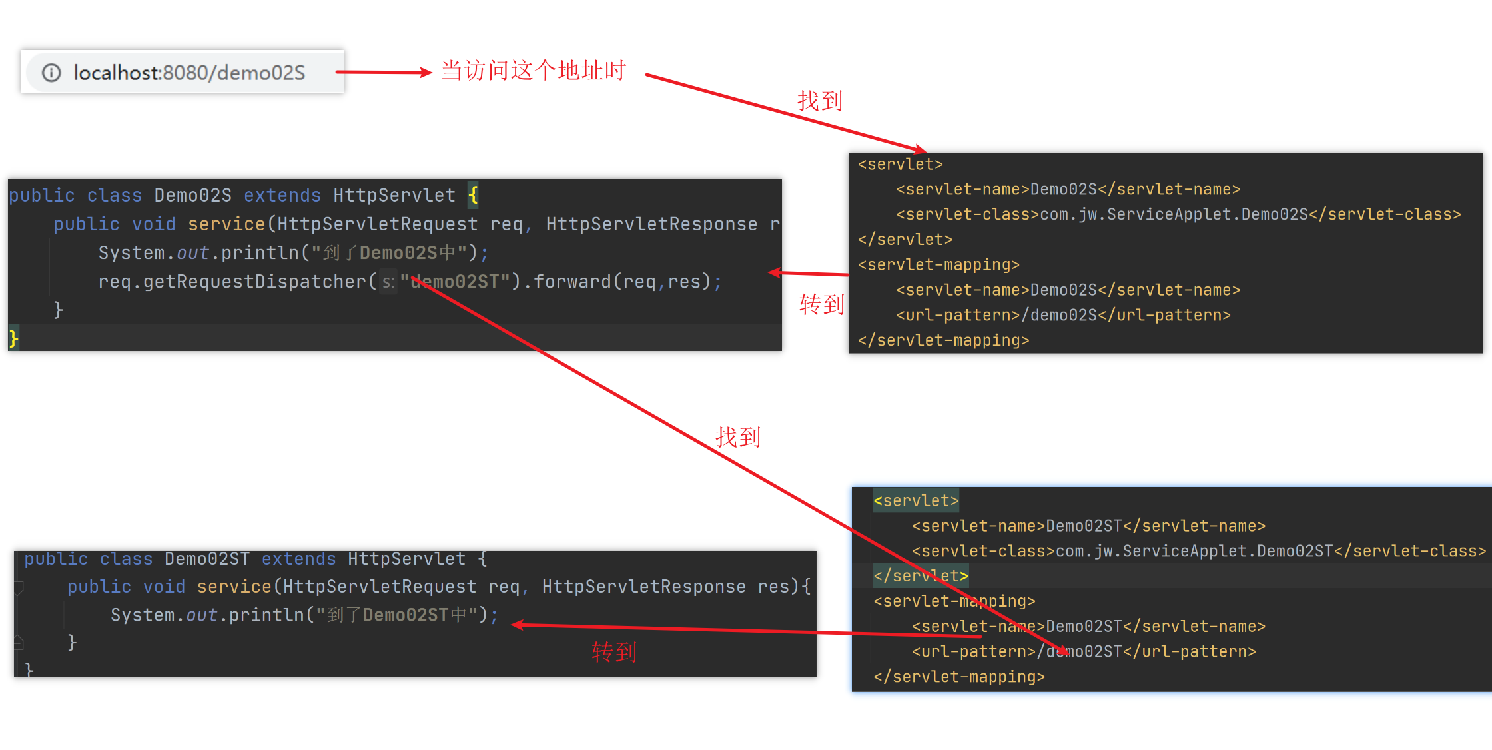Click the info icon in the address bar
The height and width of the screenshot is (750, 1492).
click(x=51, y=72)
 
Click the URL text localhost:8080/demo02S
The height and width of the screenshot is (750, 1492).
click(x=189, y=72)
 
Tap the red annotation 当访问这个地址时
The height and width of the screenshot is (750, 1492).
click(x=533, y=70)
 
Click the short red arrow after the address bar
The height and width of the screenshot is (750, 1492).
click(x=383, y=72)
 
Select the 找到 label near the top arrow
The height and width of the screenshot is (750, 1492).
click(x=820, y=101)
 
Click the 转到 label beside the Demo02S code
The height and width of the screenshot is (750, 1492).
click(x=821, y=304)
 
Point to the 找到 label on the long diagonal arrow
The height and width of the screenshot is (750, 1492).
click(x=737, y=437)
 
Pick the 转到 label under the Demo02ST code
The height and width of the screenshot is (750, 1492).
click(x=613, y=652)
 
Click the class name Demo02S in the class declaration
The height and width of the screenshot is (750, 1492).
click(x=192, y=195)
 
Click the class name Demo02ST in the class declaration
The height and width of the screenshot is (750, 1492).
click(x=206, y=559)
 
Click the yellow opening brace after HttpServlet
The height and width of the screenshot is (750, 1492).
click(x=473, y=195)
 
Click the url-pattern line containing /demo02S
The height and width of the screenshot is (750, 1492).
click(x=1063, y=315)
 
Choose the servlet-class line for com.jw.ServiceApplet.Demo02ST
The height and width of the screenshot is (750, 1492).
click(x=1198, y=551)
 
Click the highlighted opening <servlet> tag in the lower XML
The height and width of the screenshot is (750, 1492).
click(x=916, y=500)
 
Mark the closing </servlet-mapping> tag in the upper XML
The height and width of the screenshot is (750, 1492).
click(x=943, y=340)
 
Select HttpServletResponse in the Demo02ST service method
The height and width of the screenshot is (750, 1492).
click(x=643, y=587)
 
